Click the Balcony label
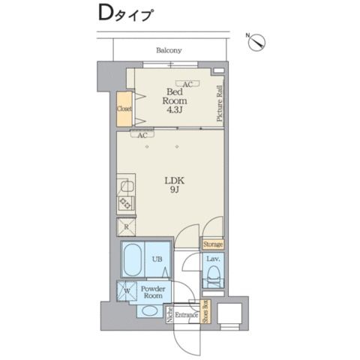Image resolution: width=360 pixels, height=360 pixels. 169,51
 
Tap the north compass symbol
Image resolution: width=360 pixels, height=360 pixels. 256,42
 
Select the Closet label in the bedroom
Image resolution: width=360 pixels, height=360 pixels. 124,109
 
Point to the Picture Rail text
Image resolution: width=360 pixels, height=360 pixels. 220,104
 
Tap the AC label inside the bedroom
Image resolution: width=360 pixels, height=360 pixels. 186,83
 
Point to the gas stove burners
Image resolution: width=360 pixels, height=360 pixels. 125,202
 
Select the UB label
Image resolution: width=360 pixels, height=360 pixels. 157,259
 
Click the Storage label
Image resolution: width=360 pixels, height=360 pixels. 212,244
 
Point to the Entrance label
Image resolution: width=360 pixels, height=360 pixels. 187,315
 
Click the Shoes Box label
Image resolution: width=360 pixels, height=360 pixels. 205,313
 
